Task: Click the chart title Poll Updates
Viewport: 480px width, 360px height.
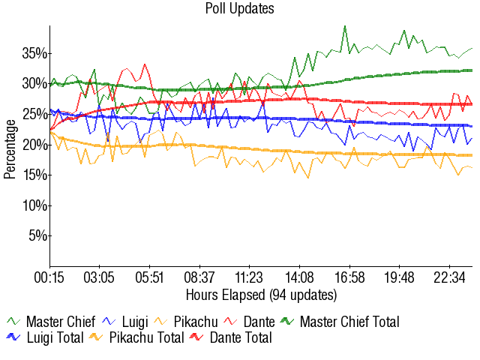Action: pos(239,9)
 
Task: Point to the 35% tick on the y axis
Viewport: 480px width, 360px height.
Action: pos(35,53)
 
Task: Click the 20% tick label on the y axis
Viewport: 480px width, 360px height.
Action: pos(35,145)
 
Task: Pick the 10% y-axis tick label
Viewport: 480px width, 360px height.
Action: pos(35,205)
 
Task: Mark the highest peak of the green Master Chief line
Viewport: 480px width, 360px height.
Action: pos(345,26)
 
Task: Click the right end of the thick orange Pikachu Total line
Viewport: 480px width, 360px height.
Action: pos(471,155)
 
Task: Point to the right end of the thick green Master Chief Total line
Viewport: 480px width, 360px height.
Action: pos(471,70)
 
